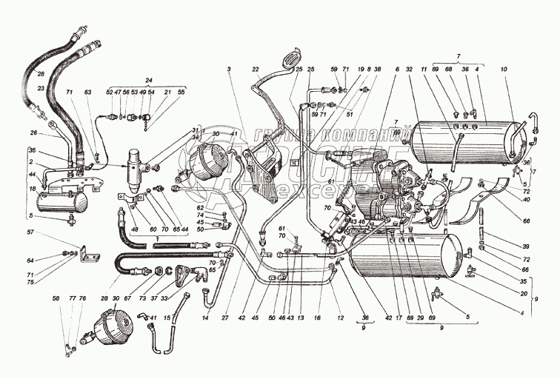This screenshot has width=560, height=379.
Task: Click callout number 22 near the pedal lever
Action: tap(256, 69)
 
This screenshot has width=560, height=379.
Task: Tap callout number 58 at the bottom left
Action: tap(56, 298)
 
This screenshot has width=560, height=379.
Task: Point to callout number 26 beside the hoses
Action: tap(33, 134)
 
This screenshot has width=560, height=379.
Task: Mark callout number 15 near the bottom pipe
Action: tap(167, 318)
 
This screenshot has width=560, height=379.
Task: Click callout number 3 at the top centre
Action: tap(230, 68)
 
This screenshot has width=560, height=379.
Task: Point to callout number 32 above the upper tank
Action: tap(408, 68)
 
